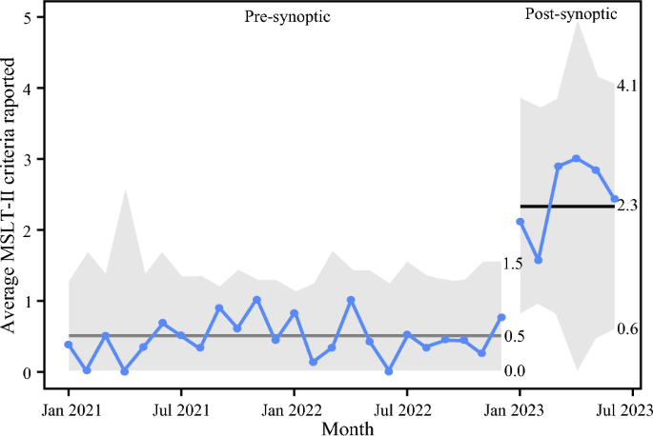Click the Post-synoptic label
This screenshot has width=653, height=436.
pyautogui.click(x=570, y=15)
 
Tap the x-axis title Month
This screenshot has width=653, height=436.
pyautogui.click(x=348, y=427)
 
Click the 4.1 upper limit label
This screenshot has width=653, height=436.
pyautogui.click(x=627, y=87)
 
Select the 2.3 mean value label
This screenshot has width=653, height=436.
pyautogui.click(x=627, y=206)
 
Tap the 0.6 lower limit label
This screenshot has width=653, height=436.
pyautogui.click(x=627, y=329)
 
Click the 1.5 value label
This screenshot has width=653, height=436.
pyautogui.click(x=513, y=263)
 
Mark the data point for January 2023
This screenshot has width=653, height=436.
pyautogui.click(x=520, y=222)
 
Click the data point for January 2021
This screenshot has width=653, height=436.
pyautogui.click(x=69, y=345)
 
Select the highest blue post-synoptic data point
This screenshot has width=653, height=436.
pyautogui.click(x=577, y=159)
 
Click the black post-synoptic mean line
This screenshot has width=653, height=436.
pyautogui.click(x=566, y=206)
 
